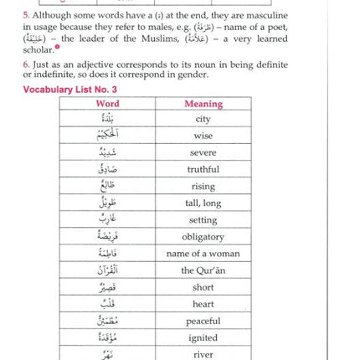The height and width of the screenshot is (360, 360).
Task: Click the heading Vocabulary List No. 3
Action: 69,90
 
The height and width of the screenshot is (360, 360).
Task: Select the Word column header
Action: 108,104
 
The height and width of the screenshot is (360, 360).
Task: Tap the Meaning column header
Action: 203,104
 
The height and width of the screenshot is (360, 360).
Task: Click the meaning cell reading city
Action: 203,120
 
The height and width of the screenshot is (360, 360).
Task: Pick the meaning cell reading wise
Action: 203,136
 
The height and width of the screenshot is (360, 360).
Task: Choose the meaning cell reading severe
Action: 203,153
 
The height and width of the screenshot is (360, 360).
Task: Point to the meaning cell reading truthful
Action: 203,170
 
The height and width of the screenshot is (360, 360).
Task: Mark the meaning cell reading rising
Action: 203,187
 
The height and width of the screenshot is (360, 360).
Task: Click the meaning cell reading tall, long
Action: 203,203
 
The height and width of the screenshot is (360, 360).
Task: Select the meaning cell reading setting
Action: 203,220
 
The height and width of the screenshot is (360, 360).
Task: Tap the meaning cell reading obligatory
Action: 203,237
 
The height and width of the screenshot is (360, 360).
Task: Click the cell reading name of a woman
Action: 203,254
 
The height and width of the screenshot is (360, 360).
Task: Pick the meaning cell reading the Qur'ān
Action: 203,270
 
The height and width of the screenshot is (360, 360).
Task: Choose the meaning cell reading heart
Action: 203,304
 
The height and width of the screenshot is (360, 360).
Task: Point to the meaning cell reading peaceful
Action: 203,321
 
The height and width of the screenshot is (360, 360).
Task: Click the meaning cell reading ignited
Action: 203,337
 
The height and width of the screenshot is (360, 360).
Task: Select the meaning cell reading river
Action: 203,353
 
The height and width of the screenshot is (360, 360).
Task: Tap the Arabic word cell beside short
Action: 108,287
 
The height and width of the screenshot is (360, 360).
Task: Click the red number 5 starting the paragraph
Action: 26,15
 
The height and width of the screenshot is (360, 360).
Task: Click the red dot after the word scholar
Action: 57,48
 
